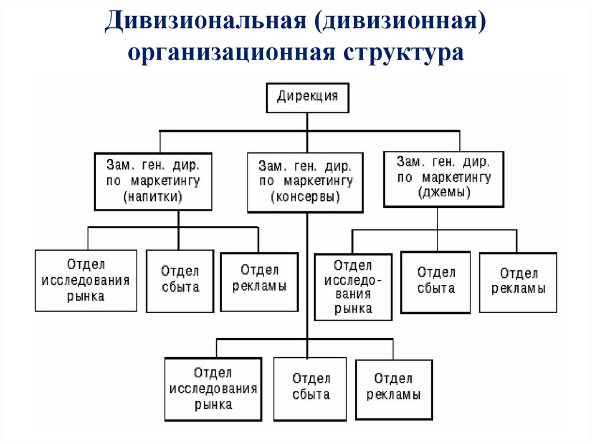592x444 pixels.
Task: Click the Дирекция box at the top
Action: [307, 97]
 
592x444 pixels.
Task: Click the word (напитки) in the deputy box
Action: [153, 196]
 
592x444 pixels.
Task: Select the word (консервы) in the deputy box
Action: [305, 197]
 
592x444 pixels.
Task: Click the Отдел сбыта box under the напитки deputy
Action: [180, 281]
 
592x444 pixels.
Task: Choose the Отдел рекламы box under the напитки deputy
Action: [260, 281]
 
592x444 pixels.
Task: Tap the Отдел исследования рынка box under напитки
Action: [86, 281]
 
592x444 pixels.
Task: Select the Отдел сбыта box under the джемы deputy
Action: [436, 282]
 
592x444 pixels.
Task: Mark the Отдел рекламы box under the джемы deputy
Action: [518, 282]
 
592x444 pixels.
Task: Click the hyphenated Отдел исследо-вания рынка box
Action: [353, 287]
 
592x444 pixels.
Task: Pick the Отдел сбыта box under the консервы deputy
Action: [310, 388]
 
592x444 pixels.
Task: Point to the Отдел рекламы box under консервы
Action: [394, 389]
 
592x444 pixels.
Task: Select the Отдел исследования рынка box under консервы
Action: [213, 388]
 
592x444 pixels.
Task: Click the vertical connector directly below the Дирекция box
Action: [308, 122]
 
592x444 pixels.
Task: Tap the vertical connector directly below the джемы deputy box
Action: [438, 218]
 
